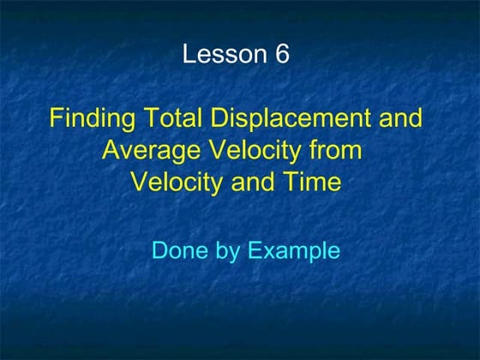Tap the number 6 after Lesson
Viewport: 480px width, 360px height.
pos(283,54)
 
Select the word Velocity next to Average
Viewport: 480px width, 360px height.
pos(252,151)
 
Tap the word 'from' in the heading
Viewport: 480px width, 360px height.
pos(338,151)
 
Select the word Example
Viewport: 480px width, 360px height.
pos(294,252)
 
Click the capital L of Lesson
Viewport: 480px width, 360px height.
pos(189,54)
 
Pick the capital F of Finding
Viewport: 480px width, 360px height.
pos(57,118)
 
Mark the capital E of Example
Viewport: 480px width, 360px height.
pos(255,251)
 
